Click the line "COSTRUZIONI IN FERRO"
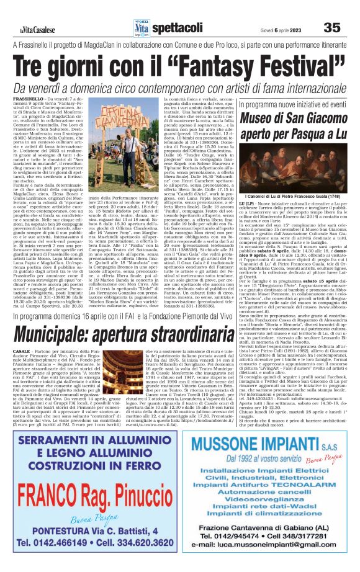pyautogui.click(x=89, y=463)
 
